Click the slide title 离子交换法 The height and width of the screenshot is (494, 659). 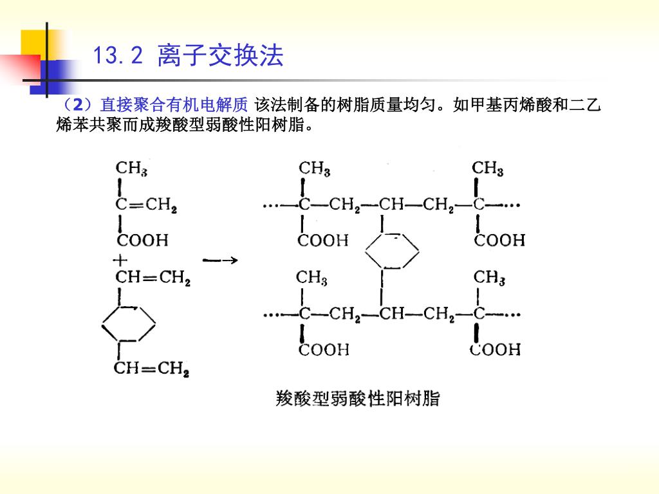coord(221,55)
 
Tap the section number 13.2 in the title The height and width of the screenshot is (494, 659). coord(118,55)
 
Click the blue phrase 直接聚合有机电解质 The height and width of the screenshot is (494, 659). coord(174,105)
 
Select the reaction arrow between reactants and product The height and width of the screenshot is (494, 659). coord(220,261)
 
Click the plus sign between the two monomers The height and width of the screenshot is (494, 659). coord(120,261)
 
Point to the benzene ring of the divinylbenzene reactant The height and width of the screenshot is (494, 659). coord(129,324)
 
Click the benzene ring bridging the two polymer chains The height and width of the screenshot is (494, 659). coord(392,251)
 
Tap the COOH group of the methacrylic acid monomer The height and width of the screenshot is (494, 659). coord(142,241)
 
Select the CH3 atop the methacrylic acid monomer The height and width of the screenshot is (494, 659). coord(131,169)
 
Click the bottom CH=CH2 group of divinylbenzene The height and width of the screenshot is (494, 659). coord(151,369)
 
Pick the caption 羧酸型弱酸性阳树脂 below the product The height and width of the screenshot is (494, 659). coord(358,398)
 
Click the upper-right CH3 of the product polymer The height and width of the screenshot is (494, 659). coord(488,169)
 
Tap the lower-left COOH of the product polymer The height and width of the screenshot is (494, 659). coord(324,349)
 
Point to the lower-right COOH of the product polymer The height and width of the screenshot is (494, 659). coord(495,349)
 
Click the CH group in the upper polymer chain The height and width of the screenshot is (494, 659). coord(391,205)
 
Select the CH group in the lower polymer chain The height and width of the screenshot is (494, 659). coord(392,314)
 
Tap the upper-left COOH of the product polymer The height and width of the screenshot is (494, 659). coord(323,241)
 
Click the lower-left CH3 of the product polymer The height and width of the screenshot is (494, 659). coord(311,278)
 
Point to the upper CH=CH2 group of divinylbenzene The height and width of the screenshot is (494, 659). coord(153,278)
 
